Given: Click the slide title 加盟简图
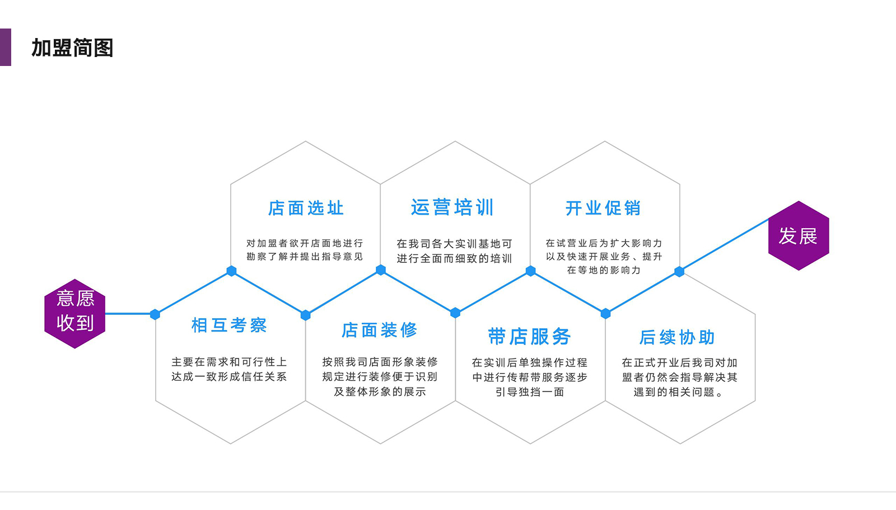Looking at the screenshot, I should [x=72, y=48].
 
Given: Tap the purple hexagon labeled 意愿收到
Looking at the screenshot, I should [x=75, y=313].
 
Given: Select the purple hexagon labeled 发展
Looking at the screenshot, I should [x=798, y=236].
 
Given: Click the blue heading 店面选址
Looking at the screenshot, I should [x=306, y=208].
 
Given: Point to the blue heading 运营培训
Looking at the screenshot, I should [x=452, y=207].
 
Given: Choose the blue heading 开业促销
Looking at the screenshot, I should [x=603, y=208].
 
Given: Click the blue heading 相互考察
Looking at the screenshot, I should [x=229, y=325].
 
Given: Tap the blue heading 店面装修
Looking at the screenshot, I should [x=380, y=330].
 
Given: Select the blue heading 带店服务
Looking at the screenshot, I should [x=529, y=337].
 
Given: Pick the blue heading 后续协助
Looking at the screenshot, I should [x=678, y=337].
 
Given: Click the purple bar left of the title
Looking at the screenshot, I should [x=5, y=48].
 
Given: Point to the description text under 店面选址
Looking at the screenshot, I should [x=305, y=250].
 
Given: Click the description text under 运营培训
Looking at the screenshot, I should [x=454, y=251].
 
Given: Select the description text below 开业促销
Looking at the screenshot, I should [x=604, y=257].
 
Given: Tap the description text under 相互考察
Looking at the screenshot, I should [x=229, y=369].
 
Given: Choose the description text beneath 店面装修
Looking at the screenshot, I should [x=380, y=377].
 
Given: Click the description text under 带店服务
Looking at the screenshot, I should [x=529, y=377].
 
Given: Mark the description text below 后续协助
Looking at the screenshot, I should [x=679, y=377].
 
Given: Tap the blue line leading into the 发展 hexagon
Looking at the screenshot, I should [x=725, y=245].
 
